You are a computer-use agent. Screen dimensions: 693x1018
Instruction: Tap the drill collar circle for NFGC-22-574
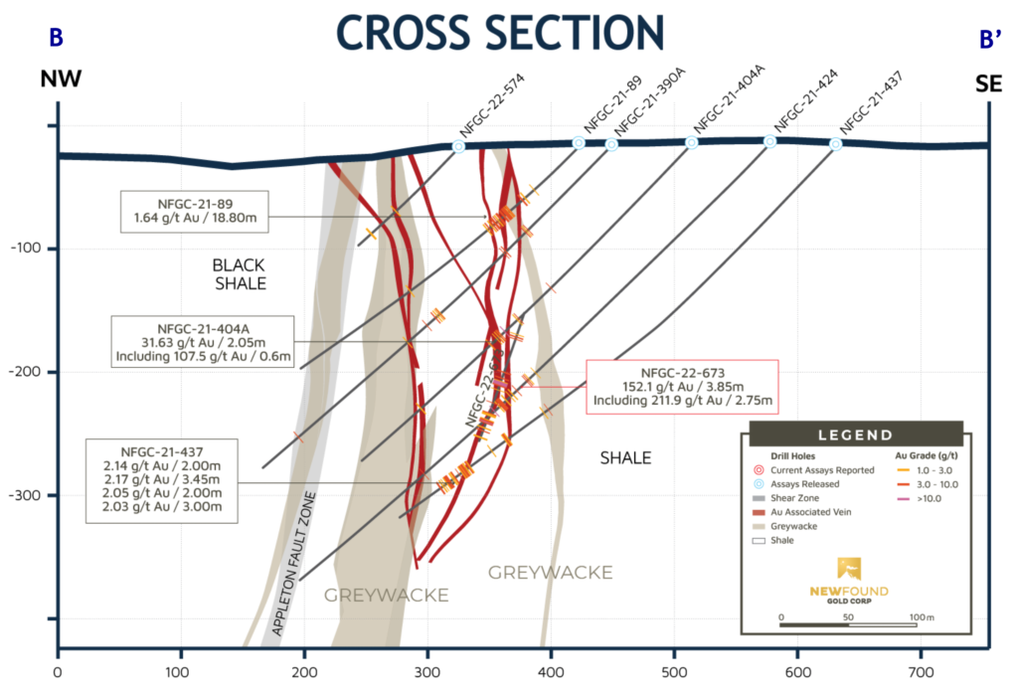pyautogui.click(x=458, y=146)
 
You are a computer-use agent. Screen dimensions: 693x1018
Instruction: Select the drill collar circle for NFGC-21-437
pyautogui.click(x=835, y=144)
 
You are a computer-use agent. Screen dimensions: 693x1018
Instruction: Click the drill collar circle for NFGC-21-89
pyautogui.click(x=579, y=143)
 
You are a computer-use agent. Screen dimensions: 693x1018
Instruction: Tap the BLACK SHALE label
pyautogui.click(x=240, y=274)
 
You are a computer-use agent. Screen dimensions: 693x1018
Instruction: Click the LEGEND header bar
pyautogui.click(x=854, y=434)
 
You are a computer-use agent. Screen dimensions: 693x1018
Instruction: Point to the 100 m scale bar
pyautogui.click(x=848, y=623)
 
